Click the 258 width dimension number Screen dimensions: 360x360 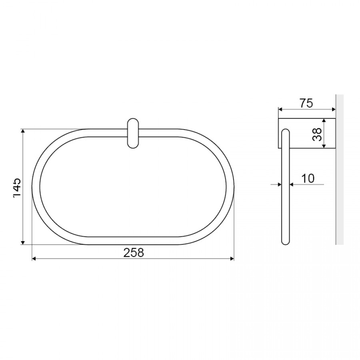134,252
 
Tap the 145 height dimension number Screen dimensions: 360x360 17,187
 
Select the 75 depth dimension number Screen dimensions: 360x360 306,103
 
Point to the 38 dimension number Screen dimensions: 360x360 317,134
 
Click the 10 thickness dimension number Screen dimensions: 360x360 308,178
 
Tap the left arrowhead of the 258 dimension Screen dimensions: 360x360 34,259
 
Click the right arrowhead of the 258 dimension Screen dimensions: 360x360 232,259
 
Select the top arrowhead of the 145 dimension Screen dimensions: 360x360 23,131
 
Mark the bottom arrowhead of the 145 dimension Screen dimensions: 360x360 23,243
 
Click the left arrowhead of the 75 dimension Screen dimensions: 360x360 280,110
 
